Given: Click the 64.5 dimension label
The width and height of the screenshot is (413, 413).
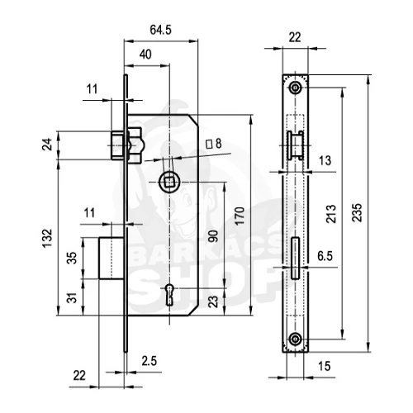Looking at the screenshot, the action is [160, 30].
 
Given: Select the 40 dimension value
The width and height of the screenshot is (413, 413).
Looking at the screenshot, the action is [145, 55].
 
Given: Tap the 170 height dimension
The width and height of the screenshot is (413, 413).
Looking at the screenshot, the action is [240, 216].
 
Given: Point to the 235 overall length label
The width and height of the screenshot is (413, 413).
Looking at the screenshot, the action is [357, 212].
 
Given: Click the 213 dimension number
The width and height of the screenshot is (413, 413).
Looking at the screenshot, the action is [331, 214].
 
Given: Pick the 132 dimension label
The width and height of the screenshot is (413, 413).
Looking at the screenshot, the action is [47, 238].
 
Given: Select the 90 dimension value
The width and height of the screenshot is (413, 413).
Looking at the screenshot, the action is [213, 236].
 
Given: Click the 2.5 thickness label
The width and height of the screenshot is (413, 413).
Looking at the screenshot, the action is [150, 361].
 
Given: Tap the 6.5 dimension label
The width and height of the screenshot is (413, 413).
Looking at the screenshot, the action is [325, 256].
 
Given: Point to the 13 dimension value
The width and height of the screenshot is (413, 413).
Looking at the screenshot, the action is [325, 160].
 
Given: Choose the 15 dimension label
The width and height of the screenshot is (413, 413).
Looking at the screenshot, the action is [324, 366].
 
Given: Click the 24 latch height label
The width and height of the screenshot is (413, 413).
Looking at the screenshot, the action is [47, 145].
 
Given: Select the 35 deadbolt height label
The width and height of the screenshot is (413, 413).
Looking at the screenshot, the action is [72, 258].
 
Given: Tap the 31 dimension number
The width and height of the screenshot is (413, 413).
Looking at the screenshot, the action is [72, 297].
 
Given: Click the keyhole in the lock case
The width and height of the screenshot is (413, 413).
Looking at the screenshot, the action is [169, 295].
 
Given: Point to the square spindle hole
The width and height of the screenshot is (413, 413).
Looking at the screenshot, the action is [169, 182].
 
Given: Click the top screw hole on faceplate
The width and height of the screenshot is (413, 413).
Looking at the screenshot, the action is [296, 88].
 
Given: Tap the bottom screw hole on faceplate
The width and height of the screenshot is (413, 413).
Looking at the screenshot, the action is [296, 339].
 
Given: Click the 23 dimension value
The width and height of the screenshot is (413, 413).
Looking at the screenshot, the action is [213, 301].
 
